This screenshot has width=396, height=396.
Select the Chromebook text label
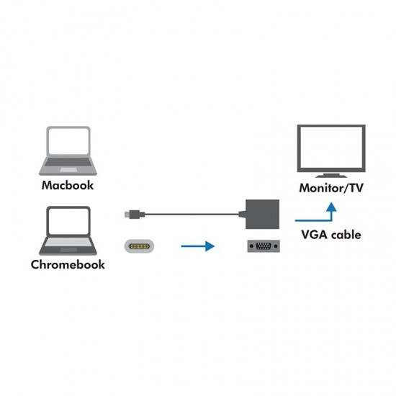(68, 264)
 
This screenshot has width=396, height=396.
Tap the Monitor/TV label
(330, 189)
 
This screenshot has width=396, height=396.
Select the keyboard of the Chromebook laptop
(68, 246)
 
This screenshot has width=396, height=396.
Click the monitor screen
(330, 148)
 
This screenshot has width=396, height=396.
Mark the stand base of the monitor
(330, 176)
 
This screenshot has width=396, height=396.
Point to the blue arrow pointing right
(197, 246)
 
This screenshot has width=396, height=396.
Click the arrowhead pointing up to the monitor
(330, 206)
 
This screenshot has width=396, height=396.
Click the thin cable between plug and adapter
(191, 213)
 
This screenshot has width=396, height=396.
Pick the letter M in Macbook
(48, 185)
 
